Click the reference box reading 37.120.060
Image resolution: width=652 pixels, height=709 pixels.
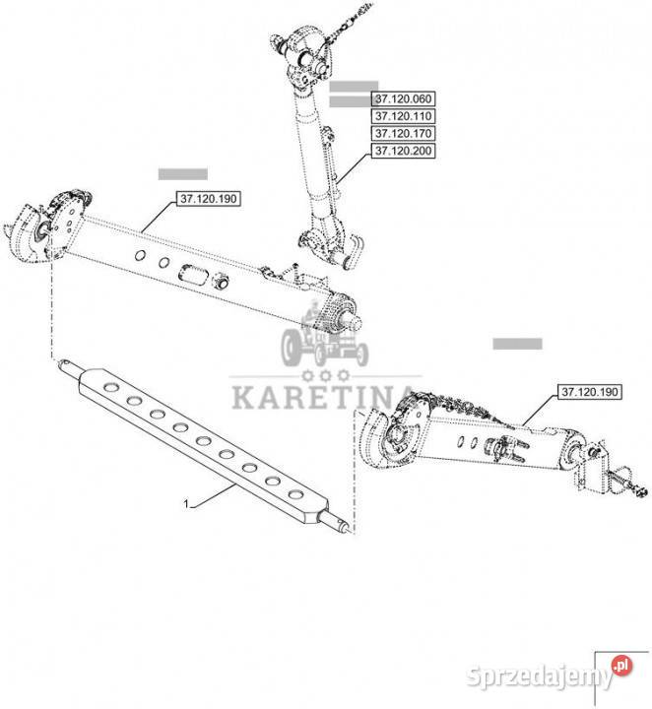click(403, 98)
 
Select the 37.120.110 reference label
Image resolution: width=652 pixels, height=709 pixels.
click(403, 116)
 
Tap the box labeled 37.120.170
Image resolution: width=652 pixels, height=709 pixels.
click(403, 133)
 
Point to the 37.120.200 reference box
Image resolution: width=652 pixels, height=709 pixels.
click(403, 151)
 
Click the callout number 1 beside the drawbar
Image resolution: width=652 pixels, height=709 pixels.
click(186, 504)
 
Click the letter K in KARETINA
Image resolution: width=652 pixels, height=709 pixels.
click(243, 398)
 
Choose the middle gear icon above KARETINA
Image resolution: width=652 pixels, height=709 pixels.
click(326, 375)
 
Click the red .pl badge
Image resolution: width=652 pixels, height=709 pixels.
click(621, 666)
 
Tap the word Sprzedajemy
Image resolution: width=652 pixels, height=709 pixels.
click(539, 677)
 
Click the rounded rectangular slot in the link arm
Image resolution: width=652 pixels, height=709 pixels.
click(194, 274)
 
